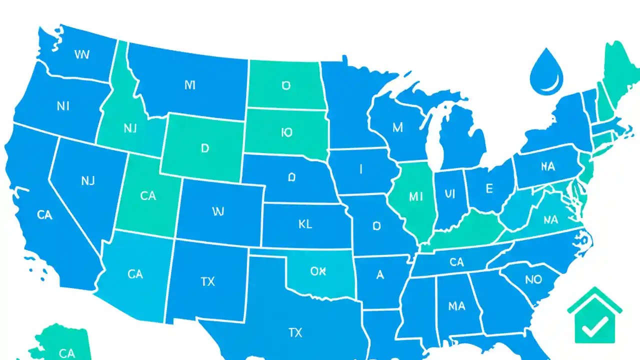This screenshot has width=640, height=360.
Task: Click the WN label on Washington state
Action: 81,54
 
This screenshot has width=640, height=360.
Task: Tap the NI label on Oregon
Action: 63,106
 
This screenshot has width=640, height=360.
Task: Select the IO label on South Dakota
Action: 286,132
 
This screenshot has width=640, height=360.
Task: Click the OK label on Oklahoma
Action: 318,271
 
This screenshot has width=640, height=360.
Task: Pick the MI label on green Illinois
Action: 415,197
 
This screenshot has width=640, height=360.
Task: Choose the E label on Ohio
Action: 489,188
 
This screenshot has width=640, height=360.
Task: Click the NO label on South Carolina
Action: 533,279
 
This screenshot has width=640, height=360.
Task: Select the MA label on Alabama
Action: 456,305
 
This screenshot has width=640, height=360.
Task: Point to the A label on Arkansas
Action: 380,274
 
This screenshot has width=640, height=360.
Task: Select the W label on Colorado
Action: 217,212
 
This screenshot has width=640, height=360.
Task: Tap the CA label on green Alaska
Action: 66,353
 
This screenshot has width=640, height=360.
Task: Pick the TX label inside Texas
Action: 295,332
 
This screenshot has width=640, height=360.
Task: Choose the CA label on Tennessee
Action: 456,261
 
